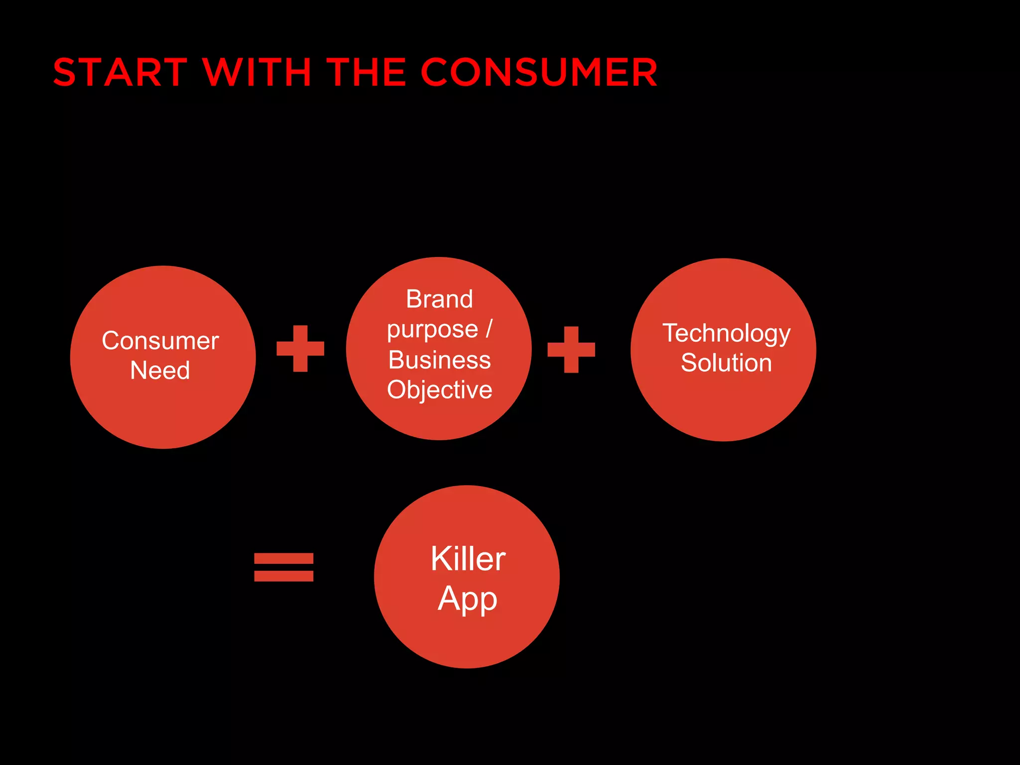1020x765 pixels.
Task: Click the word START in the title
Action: click(x=120, y=73)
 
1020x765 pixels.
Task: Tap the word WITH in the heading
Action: click(x=257, y=73)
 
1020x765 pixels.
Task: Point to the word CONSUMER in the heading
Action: click(x=539, y=73)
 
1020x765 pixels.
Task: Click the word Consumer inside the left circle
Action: click(x=160, y=341)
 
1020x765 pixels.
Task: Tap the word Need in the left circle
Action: click(x=160, y=371)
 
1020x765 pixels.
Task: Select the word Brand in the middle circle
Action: click(x=439, y=299)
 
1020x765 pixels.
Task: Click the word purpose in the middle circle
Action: click(x=433, y=330)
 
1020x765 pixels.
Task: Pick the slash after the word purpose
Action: click(x=489, y=329)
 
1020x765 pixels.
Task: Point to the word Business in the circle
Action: click(x=439, y=360)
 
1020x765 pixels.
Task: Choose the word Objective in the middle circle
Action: click(x=439, y=390)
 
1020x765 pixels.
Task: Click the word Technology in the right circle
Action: click(x=726, y=334)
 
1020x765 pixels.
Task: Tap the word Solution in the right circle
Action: click(x=726, y=363)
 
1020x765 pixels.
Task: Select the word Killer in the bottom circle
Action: click(x=468, y=559)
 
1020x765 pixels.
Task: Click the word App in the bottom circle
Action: click(x=468, y=599)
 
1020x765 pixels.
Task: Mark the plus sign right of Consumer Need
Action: click(x=300, y=349)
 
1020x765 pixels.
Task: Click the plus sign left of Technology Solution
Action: click(x=571, y=350)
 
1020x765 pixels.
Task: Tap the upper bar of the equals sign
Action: click(x=284, y=558)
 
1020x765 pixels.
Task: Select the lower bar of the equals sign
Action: click(x=284, y=576)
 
